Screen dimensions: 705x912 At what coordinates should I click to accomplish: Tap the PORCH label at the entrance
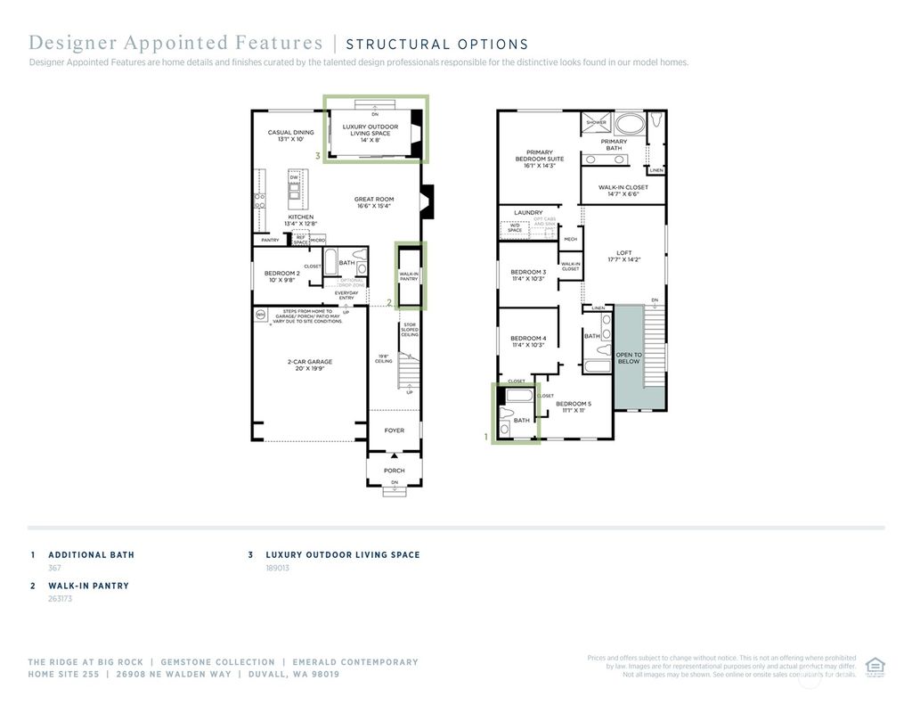394,471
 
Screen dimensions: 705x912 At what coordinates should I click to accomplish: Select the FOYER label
394,430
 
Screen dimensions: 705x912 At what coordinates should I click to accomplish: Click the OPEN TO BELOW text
629,358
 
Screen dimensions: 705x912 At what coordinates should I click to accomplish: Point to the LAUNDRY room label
528,213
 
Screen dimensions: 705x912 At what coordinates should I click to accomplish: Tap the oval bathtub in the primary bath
631,123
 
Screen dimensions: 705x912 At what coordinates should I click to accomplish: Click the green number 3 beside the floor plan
317,156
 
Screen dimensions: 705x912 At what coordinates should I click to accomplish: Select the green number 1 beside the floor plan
486,438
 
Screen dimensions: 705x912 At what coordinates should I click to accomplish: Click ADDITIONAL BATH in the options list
91,554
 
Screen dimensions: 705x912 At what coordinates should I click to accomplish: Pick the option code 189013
278,568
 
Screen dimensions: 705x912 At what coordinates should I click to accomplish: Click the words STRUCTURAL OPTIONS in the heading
436,45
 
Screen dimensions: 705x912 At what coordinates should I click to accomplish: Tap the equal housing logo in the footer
875,666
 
